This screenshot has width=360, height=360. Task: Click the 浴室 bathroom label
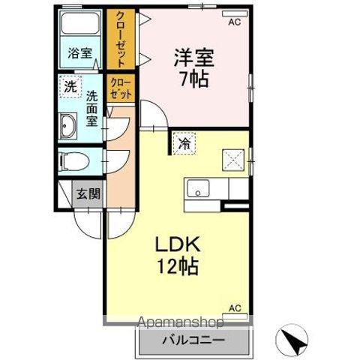click(x=80, y=53)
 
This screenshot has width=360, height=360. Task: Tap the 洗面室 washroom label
click(x=91, y=108)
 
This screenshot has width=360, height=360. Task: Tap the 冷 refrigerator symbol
click(x=183, y=143)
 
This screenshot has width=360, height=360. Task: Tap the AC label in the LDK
click(x=235, y=307)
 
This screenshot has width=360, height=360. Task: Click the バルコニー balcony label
click(x=192, y=340)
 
